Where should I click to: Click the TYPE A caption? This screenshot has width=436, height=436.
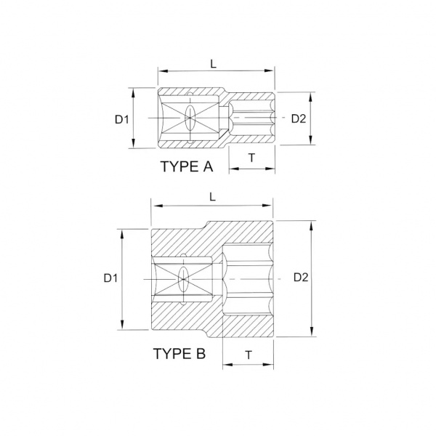click(x=187, y=166)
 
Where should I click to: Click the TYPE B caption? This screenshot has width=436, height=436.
click(x=179, y=354)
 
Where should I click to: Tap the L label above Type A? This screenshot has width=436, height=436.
click(x=213, y=64)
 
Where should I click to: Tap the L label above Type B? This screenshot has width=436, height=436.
click(x=213, y=197)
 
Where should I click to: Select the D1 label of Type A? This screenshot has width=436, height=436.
click(x=122, y=120)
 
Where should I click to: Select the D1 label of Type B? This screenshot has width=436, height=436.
click(x=110, y=278)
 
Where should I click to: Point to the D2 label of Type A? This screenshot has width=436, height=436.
click(x=299, y=118)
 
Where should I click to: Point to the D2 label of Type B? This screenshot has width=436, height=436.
click(x=301, y=278)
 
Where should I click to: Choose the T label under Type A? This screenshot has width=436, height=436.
click(x=251, y=158)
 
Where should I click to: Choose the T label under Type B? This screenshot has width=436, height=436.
click(x=249, y=355)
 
